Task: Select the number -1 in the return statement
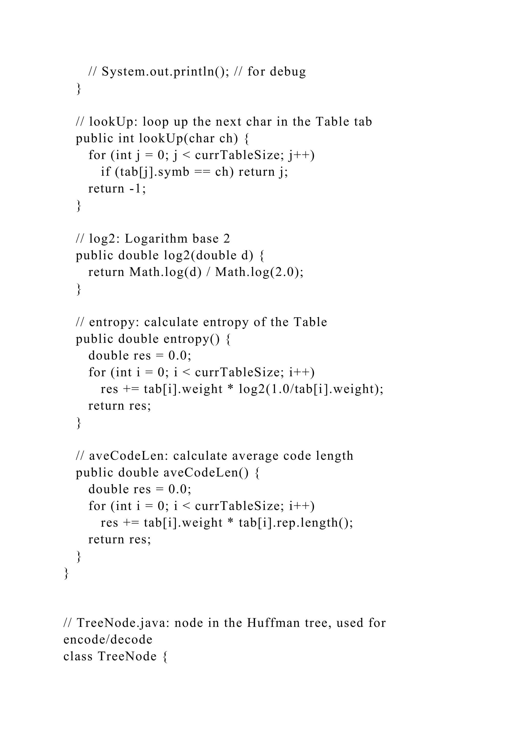[x=137, y=189]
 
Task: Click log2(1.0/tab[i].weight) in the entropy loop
[x=311, y=389]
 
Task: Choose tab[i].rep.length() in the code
[x=296, y=523]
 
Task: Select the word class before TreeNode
[x=78, y=656]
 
